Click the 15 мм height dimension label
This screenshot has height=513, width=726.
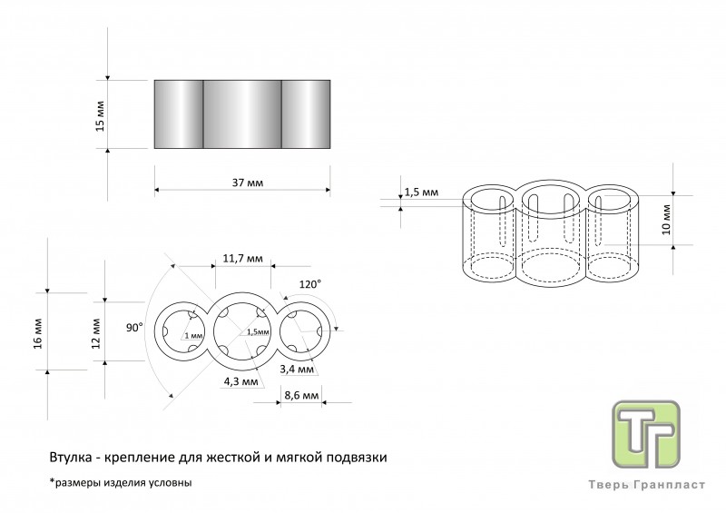point(101,116)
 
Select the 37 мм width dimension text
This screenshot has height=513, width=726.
point(248,183)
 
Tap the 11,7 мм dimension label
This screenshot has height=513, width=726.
point(243,258)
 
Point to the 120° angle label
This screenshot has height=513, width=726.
point(310,284)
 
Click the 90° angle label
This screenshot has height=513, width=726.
point(134,328)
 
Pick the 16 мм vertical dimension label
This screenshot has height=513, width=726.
point(38,333)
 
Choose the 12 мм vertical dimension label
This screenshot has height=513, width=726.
point(96,333)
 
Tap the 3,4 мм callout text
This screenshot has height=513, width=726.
point(297,370)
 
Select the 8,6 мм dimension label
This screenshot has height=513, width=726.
point(301,395)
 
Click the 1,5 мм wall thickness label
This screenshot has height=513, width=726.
point(421,192)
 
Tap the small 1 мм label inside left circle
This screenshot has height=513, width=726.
point(193,336)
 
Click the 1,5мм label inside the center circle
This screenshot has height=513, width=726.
point(258,331)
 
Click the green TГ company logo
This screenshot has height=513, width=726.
point(646,434)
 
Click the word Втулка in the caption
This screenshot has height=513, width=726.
point(70,458)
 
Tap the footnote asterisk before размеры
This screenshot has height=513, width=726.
point(52,480)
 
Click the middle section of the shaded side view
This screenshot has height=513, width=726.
point(242,114)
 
